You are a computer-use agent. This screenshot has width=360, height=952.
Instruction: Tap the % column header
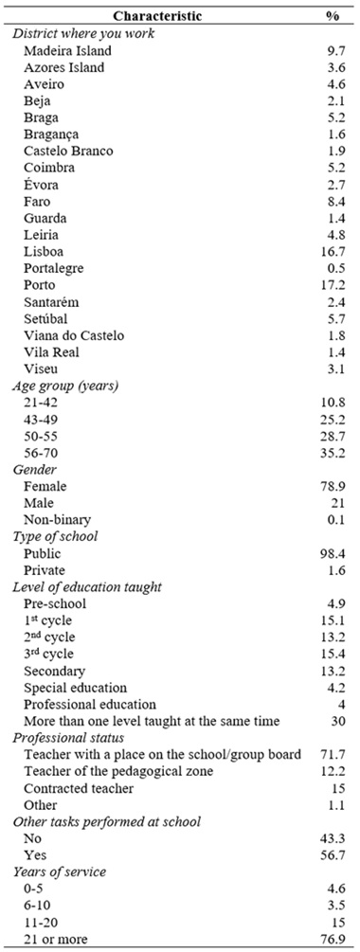pyautogui.click(x=333, y=17)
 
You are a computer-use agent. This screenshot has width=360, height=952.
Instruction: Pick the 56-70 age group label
pyautogui.click(x=43, y=452)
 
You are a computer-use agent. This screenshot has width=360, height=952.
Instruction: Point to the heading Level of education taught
pyautogui.click(x=87, y=586)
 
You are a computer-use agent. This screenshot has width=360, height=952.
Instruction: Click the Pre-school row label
pyautogui.click(x=57, y=602)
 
